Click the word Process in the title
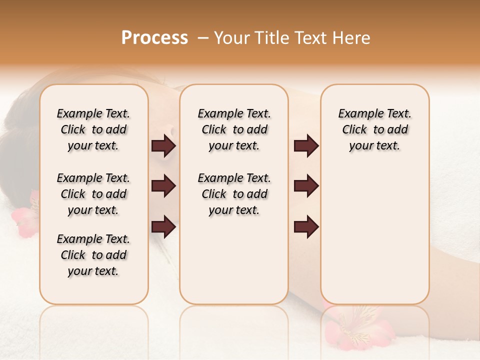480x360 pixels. [x=154, y=38]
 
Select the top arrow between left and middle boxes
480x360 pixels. [x=163, y=146]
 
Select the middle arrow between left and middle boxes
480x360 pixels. [x=163, y=186]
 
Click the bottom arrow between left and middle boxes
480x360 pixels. [x=163, y=226]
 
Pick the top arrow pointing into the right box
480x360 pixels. [x=306, y=146]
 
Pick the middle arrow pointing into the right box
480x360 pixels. [x=306, y=186]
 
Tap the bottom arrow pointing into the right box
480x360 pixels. [x=306, y=226]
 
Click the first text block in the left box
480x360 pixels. [x=93, y=129]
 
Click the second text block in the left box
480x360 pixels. [x=93, y=194]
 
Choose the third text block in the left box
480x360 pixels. [x=93, y=255]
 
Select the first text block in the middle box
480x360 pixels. [x=234, y=129]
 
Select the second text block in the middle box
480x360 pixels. [x=234, y=194]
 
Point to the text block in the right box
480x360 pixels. [x=374, y=129]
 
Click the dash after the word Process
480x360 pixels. [x=203, y=38]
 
